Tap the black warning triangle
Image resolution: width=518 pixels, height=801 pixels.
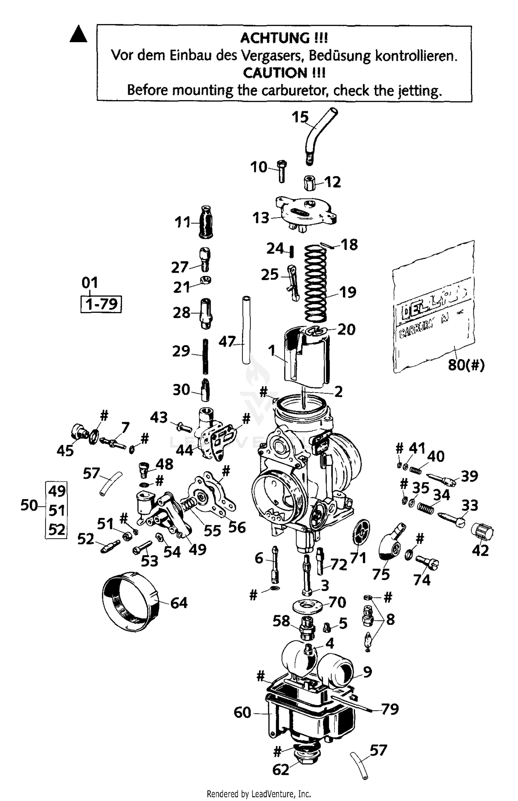pyautogui.click(x=78, y=35)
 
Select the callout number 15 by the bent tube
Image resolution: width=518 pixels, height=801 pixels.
pyautogui.click(x=300, y=117)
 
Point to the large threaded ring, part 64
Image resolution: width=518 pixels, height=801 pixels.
pyautogui.click(x=131, y=601)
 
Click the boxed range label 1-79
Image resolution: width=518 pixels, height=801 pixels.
pyautogui.click(x=101, y=304)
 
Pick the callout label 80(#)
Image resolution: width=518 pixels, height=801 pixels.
pyautogui.click(x=466, y=365)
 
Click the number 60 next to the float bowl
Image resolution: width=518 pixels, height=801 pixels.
pyautogui.click(x=242, y=712)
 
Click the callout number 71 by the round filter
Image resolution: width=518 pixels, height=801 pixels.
pyautogui.click(x=358, y=558)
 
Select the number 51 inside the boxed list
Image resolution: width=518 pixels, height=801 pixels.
pyautogui.click(x=57, y=510)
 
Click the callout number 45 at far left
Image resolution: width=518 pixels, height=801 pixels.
pyautogui.click(x=65, y=451)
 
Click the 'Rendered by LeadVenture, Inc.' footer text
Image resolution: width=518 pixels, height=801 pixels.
pyautogui.click(x=259, y=793)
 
